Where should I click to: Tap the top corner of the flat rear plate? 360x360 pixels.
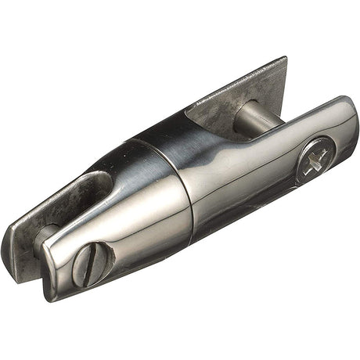pos(283,60)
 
